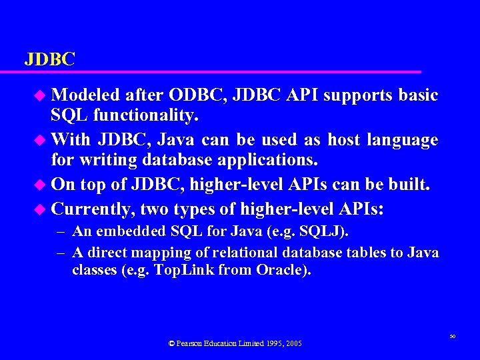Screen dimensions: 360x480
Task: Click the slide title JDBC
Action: (x=50, y=59)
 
